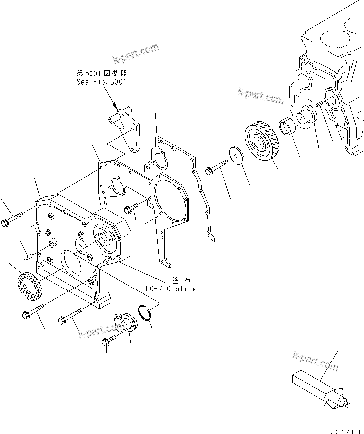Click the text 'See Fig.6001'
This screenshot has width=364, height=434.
pyautogui.click(x=101, y=82)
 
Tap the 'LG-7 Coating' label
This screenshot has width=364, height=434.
pyautogui.click(x=171, y=289)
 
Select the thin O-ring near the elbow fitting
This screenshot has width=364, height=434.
pyautogui.click(x=144, y=313)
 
